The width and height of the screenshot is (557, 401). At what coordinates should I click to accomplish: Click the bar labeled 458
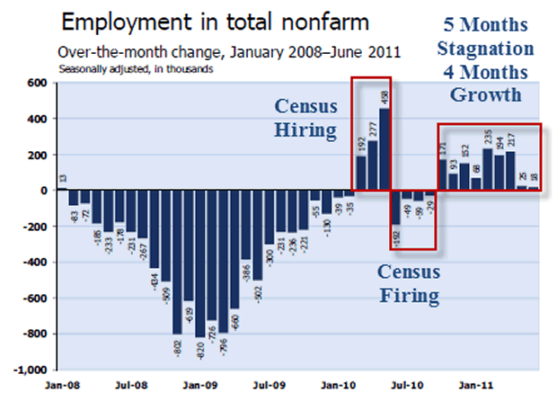pos(385,149)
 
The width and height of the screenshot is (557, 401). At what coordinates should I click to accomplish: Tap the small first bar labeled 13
pos(63,189)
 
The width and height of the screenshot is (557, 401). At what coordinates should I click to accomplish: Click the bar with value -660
pos(234,249)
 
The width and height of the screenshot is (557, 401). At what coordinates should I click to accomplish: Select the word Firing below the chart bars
pos(408,294)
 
